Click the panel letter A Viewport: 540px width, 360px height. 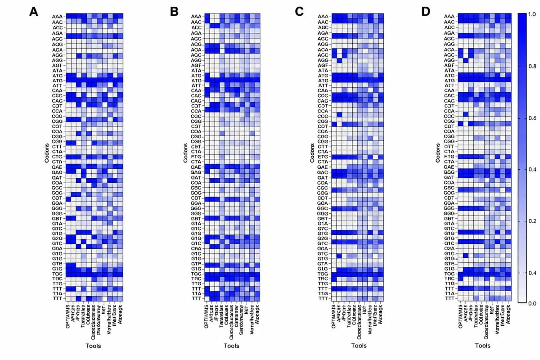pyautogui.click(x=33, y=12)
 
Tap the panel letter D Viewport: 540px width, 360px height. pyautogui.click(x=426, y=12)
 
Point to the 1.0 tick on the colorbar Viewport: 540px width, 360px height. pyautogui.click(x=531, y=15)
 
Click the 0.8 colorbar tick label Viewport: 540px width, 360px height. pyautogui.click(x=531, y=67)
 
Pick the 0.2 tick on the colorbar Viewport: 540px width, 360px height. pyautogui.click(x=531, y=221)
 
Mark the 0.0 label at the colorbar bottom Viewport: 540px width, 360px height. pyautogui.click(x=531, y=304)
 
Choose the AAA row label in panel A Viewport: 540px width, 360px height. pyautogui.click(x=57, y=16)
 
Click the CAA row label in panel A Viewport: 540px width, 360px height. pyautogui.click(x=57, y=90)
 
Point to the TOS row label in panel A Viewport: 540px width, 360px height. pyautogui.click(x=57, y=274)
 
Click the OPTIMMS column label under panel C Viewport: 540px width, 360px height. pyautogui.click(x=334, y=317)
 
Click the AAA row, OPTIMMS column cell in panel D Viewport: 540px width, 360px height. pyautogui.click(x=461, y=16)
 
